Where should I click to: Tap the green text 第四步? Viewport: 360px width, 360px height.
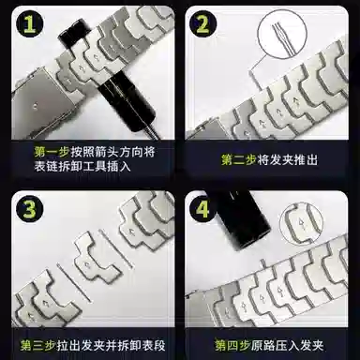232,342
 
